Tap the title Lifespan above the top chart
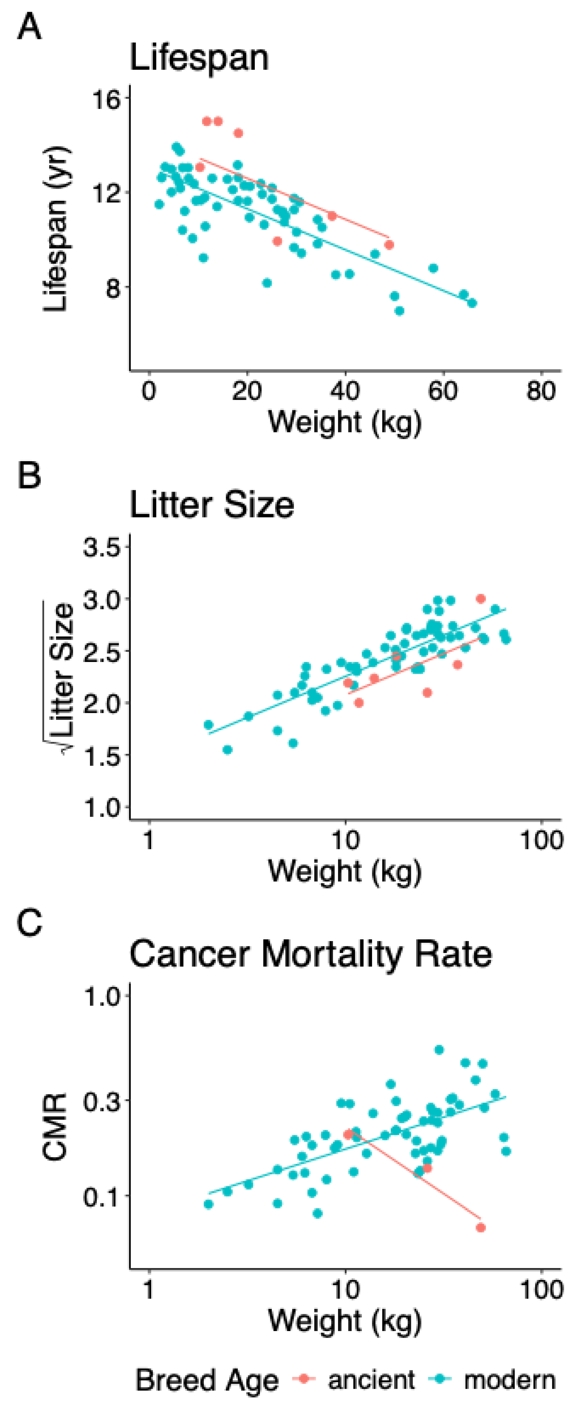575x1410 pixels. coord(199,58)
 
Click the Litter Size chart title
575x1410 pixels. coord(211,505)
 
